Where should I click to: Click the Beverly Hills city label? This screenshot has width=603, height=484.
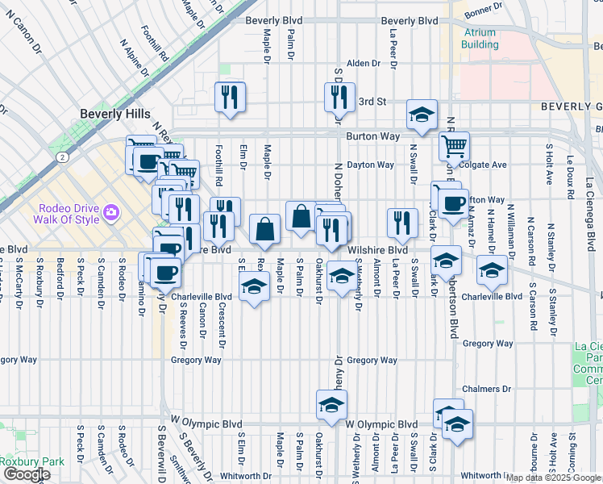[114, 115]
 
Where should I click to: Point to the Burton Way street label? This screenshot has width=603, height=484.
[372, 137]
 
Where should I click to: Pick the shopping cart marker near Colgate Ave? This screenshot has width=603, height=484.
[455, 147]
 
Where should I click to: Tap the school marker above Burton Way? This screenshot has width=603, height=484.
[421, 115]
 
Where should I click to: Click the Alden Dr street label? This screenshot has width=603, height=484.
[363, 63]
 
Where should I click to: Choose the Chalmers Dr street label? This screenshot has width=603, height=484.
[488, 389]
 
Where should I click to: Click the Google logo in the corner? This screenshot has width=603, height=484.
[27, 474]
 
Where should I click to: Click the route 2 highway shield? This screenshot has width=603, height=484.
[62, 156]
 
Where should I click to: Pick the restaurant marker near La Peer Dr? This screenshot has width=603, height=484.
[401, 223]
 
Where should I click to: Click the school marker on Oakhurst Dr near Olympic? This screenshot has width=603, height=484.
[331, 405]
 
